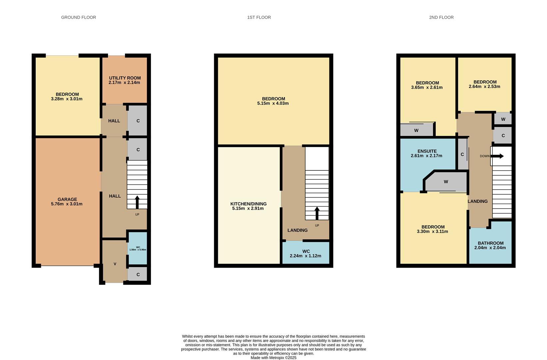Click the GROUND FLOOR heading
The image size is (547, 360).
click(x=78, y=17)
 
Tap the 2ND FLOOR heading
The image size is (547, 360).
click(x=441, y=17)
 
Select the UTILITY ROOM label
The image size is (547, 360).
click(x=125, y=78)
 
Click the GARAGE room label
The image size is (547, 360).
click(x=67, y=199)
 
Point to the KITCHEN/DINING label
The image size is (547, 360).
click(x=248, y=204)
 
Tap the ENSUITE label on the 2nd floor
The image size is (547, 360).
click(x=427, y=151)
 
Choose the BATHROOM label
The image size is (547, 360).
click(x=491, y=243)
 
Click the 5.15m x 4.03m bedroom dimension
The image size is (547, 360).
click(x=273, y=103)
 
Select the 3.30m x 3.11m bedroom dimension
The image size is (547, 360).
click(x=432, y=231)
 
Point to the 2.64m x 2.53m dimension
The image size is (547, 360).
click(x=484, y=87)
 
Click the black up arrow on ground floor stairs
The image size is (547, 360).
click(x=137, y=202)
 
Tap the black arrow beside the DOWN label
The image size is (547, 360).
click(x=497, y=156)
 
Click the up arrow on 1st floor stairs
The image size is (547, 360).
click(x=317, y=213)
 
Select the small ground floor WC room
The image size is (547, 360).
click(x=138, y=248)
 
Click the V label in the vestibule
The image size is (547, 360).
click(x=115, y=264)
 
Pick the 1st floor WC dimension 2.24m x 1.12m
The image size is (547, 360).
click(x=305, y=256)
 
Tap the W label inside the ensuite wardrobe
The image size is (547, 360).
click(x=446, y=182)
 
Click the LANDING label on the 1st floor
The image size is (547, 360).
click(x=297, y=230)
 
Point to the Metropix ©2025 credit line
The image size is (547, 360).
click(x=273, y=358)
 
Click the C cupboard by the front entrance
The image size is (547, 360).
click(x=138, y=275)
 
